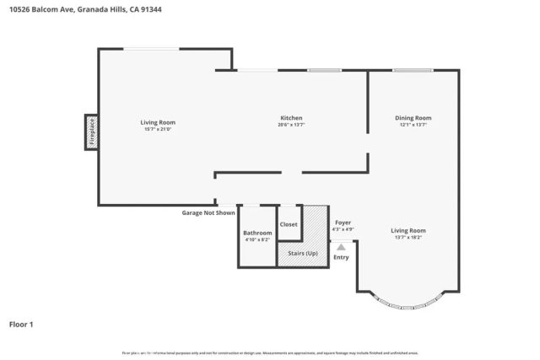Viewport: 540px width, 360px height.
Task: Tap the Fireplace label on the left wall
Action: pos(91,132)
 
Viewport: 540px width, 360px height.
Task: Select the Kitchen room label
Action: pos(290,117)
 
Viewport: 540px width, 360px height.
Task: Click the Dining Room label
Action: pos(413,117)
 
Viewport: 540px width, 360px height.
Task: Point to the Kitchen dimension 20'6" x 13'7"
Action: pos(290,125)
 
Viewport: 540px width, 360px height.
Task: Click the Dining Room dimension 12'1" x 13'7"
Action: pos(413,125)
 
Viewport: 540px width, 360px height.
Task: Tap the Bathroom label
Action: pos(257,233)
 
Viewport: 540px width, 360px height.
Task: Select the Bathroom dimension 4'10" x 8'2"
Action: pos(257,240)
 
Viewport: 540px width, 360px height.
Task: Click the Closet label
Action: pos(289,224)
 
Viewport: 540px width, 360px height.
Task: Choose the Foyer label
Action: pos(343,222)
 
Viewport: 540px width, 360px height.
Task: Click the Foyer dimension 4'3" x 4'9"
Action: pos(343,228)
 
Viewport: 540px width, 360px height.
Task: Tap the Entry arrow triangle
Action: pos(341,247)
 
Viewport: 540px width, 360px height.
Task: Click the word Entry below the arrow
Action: pos(341,257)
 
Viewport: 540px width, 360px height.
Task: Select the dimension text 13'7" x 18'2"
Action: pos(408,238)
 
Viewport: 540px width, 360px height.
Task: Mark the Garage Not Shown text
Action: pos(208,212)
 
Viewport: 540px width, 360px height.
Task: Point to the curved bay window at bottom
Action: pos(408,303)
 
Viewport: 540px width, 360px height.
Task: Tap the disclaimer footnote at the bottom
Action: pos(270,352)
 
